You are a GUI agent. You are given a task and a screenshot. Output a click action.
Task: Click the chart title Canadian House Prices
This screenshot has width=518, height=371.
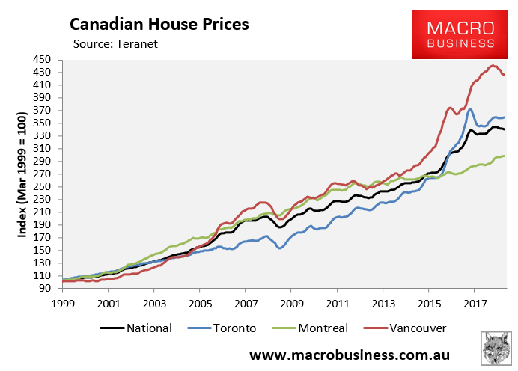pyautogui.click(x=159, y=24)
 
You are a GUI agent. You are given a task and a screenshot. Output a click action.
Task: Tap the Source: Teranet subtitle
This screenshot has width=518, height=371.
pyautogui.click(x=116, y=44)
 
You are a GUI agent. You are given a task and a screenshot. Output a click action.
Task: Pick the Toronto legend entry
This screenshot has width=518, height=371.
pyautogui.click(x=231, y=328)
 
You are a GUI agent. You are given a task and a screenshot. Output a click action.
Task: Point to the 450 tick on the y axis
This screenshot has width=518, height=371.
pyautogui.click(x=41, y=60)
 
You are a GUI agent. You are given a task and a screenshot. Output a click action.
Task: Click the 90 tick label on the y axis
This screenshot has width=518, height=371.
pyautogui.click(x=44, y=288)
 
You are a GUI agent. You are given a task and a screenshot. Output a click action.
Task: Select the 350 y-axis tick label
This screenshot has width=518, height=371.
pyautogui.click(x=41, y=123)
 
